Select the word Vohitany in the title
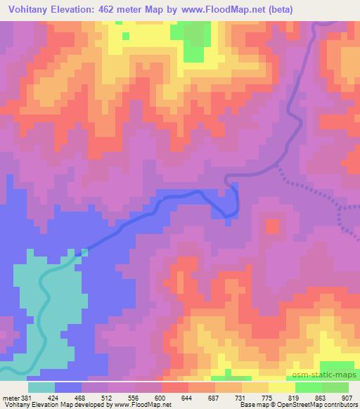click(33, 9)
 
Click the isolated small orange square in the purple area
click(272, 226)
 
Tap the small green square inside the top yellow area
click(125, 34)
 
